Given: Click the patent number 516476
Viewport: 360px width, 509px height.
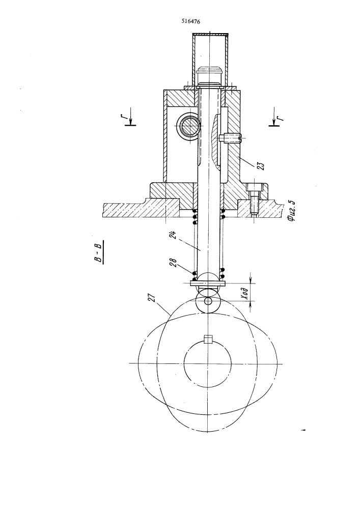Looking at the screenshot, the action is (x=190, y=22).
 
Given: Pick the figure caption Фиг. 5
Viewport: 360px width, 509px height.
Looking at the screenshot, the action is (x=291, y=211).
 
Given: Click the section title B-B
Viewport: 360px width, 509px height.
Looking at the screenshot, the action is (x=98, y=252).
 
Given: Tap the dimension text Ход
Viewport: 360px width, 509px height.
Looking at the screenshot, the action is (x=245, y=294).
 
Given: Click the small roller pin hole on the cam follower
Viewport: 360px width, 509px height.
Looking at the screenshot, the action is (x=208, y=301).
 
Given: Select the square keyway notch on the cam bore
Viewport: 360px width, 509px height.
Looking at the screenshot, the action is (x=207, y=339).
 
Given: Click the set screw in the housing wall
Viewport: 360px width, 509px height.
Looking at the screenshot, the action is (x=230, y=138).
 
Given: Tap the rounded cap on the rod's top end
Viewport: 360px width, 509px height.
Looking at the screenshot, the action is (x=209, y=75).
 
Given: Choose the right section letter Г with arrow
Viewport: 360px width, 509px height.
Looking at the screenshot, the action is (x=275, y=117).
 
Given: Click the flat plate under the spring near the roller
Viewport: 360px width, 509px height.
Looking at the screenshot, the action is (x=207, y=284).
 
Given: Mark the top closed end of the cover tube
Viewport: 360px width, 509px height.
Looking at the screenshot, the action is (x=211, y=35).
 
